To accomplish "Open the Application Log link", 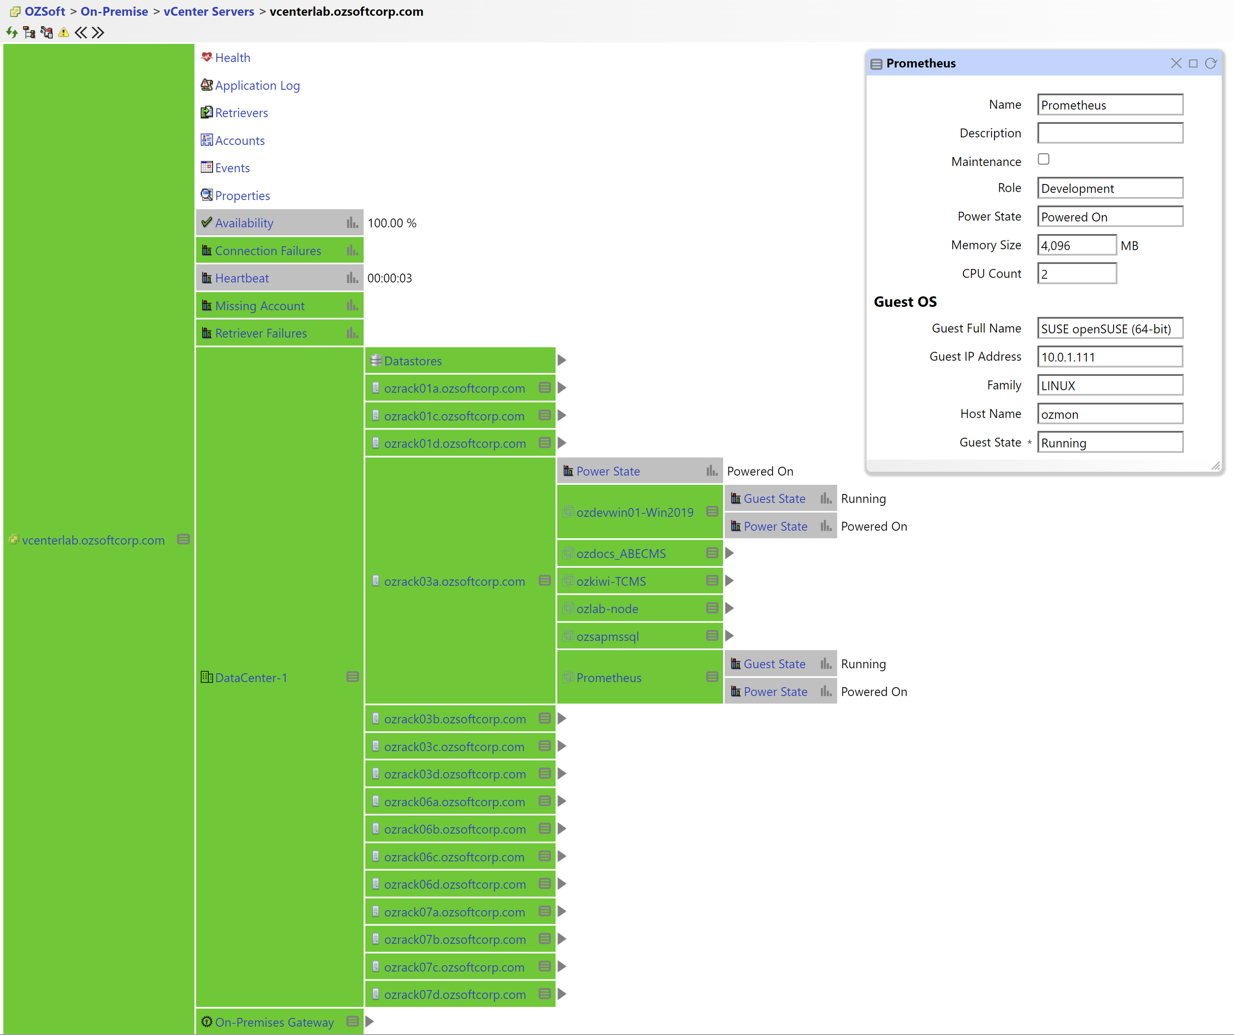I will [x=257, y=85].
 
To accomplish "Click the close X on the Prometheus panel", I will [x=1176, y=63].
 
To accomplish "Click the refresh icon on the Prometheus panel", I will [x=1210, y=63].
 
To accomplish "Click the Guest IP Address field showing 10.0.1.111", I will [x=1109, y=357].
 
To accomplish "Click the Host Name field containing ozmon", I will [x=1109, y=414].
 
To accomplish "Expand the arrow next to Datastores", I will [x=562, y=360].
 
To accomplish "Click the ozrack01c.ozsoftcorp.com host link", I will [x=454, y=416].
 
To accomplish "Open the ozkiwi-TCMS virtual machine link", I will [x=611, y=581].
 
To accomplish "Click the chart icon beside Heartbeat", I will [x=352, y=278].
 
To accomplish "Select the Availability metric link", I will [x=244, y=223].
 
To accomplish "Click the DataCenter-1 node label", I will [x=251, y=678].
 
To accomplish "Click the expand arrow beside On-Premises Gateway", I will [x=369, y=1021].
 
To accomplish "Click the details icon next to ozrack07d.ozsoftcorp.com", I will [x=545, y=994].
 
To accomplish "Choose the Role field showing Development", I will [x=1109, y=188].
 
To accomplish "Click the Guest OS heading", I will [x=905, y=302].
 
